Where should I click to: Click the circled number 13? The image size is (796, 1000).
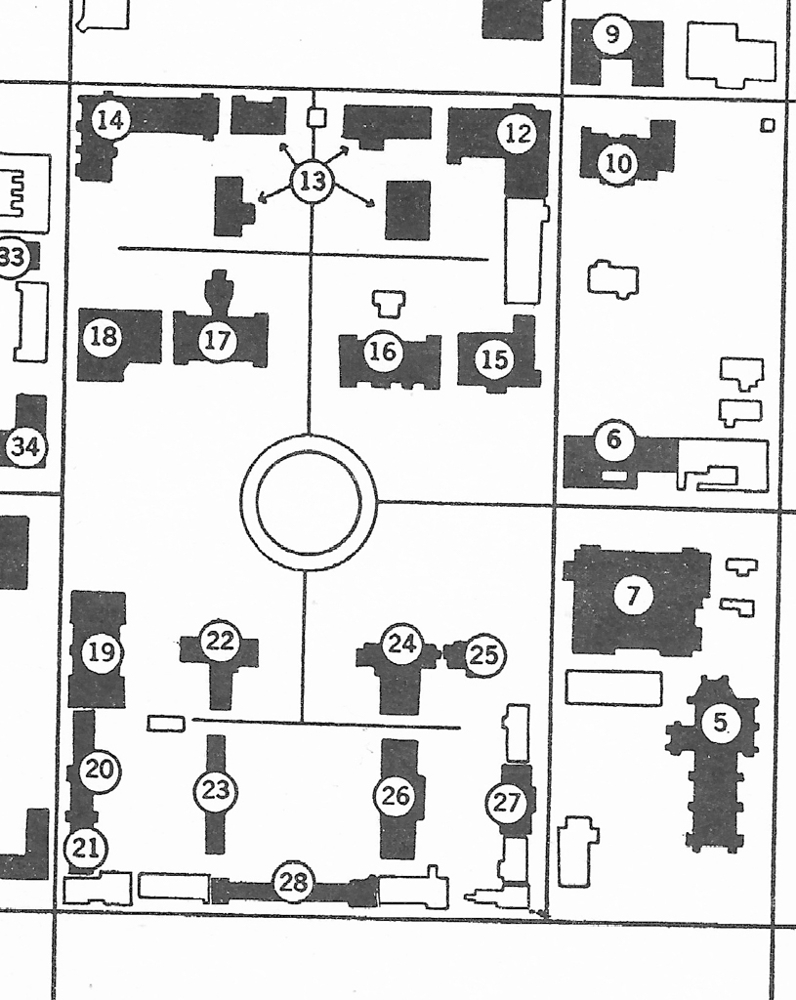313,182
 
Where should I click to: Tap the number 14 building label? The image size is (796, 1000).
111,120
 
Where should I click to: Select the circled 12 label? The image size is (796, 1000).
518,133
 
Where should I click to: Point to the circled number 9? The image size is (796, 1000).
612,34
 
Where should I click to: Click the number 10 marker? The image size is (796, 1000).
617,163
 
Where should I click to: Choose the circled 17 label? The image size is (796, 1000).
218,340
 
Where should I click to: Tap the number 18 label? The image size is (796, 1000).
104,335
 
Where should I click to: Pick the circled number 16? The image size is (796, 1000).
383,351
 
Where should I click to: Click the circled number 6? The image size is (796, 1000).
613,438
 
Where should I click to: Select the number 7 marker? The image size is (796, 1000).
633,596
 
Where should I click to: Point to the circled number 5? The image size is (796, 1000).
720,722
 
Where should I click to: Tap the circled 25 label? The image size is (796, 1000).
484,655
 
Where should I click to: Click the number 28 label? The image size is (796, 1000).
293,882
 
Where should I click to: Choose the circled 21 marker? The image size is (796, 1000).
86,848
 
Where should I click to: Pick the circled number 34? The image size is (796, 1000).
25,446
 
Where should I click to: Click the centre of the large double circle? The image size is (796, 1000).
310,502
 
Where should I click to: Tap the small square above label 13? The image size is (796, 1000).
317,117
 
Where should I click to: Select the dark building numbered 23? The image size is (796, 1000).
216,795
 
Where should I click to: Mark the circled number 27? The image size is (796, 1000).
507,803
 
